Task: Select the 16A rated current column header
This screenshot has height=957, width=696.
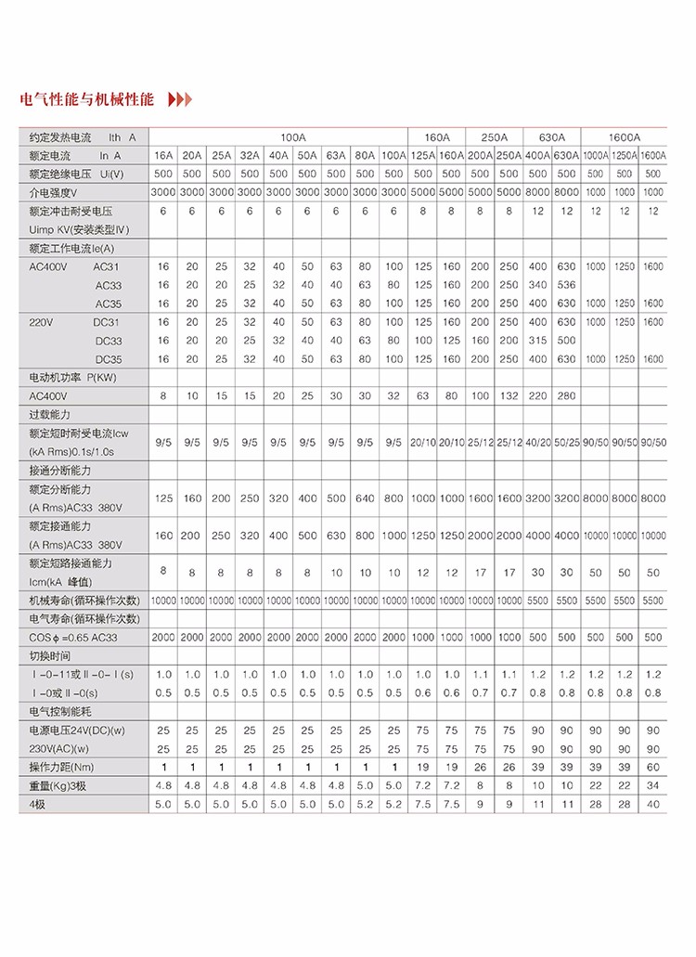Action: [x=163, y=154]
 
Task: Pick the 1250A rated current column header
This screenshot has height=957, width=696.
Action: [x=625, y=154]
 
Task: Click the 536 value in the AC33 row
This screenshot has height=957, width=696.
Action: [x=567, y=284]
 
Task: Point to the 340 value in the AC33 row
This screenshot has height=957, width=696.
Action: [x=537, y=284]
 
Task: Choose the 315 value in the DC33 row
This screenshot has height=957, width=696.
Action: [x=537, y=340]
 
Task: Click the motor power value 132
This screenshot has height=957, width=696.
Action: [x=509, y=395]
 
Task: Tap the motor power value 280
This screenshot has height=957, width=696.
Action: [x=567, y=395]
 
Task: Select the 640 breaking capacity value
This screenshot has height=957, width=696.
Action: [x=365, y=498]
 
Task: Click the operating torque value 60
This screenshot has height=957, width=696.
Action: [x=653, y=767]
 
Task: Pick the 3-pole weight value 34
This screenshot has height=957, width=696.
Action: [x=653, y=785]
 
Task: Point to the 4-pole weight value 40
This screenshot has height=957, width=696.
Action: [x=653, y=804]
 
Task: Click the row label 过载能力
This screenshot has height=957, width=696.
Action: [x=49, y=414]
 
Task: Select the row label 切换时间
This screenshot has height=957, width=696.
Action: [x=49, y=655]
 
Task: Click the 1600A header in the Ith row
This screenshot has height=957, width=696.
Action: [x=625, y=136]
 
